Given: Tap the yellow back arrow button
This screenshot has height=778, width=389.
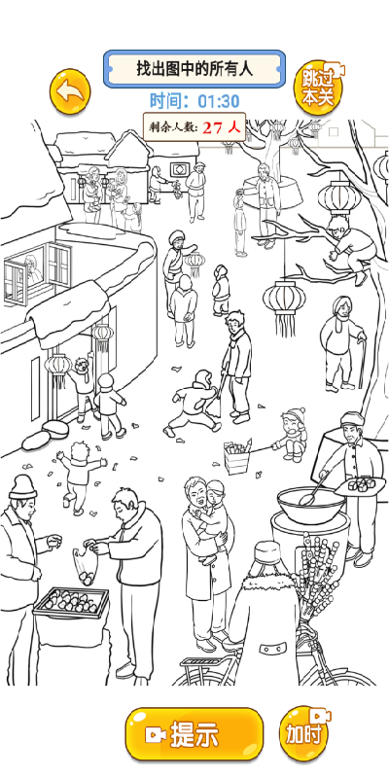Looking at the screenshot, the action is [70, 91].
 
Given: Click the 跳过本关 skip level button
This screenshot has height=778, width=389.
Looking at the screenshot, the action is [318, 87].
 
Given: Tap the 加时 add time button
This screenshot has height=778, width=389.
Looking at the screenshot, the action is [304, 734].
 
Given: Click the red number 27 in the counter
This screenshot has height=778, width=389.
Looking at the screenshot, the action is [212, 127].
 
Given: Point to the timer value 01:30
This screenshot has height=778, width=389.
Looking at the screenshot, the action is [218, 101].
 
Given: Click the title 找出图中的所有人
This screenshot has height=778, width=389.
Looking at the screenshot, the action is [194, 68].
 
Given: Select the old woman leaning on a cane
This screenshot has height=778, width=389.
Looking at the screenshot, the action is [342, 342].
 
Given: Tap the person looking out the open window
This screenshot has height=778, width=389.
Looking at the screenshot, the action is [33, 269].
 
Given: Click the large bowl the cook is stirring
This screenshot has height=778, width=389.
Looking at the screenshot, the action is [311, 505].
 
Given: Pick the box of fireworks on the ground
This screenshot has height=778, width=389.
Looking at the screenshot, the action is [236, 456].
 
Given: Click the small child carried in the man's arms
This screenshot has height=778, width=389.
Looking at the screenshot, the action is [213, 516].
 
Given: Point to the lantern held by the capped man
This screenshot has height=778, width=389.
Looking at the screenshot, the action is [194, 264].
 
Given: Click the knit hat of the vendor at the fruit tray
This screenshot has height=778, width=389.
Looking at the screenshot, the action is [22, 487].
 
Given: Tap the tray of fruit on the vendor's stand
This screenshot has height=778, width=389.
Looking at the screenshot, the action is [70, 602].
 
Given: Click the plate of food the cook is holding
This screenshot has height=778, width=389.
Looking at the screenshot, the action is [360, 484].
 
